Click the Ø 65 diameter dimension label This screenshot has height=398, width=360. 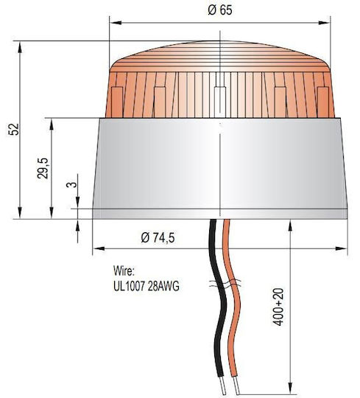click(220, 10)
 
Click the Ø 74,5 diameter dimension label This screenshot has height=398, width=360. click(158, 238)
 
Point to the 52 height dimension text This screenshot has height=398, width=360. click(14, 129)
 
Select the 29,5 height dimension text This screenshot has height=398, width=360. click(43, 168)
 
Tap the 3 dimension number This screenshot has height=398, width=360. click(71, 184)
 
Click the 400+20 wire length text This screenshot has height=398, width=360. click(278, 307)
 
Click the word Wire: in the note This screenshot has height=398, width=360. click(123, 270)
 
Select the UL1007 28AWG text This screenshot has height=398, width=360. click(147, 286)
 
